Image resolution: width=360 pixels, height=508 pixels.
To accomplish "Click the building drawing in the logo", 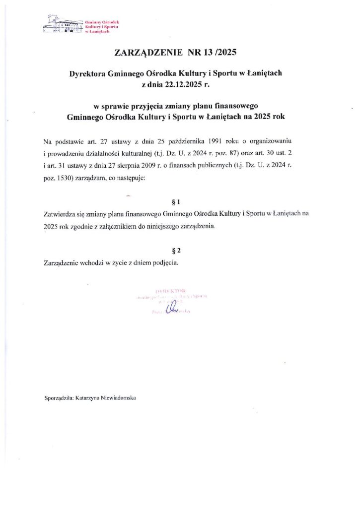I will [63, 25].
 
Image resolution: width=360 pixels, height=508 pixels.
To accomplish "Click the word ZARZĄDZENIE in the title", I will [148, 52].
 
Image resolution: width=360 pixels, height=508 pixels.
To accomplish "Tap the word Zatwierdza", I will [60, 214].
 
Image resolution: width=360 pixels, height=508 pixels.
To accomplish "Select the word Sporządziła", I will [59, 397].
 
